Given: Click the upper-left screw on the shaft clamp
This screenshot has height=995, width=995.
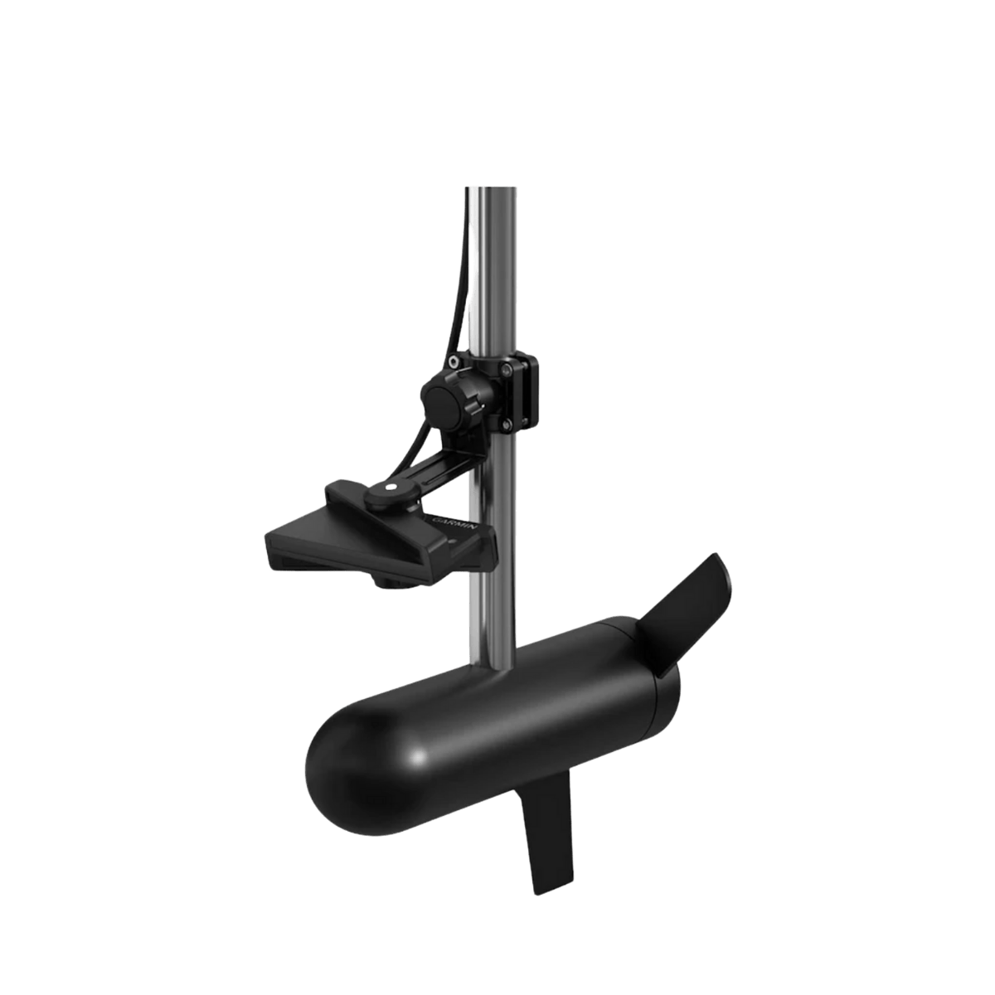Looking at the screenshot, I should pyautogui.click(x=455, y=362).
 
